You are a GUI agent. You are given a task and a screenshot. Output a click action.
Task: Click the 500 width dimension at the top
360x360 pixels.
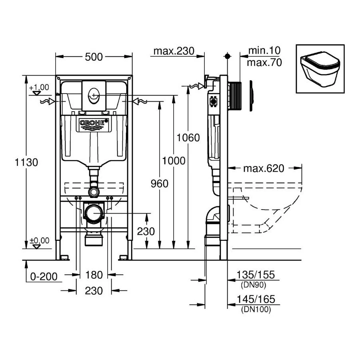94,57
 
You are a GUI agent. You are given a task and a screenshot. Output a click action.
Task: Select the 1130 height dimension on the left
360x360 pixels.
26,162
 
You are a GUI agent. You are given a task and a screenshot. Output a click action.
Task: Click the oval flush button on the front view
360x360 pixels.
94,95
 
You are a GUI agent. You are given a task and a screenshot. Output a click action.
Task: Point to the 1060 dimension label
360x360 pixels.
188,138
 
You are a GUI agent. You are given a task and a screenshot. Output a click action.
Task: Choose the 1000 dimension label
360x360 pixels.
174,161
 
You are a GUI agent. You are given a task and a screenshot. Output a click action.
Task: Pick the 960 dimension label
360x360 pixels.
160,184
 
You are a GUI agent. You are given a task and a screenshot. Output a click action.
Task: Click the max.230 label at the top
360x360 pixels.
174,51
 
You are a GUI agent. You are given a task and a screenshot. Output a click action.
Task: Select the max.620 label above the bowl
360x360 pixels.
264,168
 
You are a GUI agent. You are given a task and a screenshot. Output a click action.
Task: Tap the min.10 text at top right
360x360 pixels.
264,51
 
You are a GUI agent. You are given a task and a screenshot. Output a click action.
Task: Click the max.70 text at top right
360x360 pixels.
264,63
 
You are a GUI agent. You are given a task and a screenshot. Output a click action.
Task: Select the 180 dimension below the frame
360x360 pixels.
94,275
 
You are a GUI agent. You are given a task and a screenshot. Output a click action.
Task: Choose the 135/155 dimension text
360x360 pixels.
256,275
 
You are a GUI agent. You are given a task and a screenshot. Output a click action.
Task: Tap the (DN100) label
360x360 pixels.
256,309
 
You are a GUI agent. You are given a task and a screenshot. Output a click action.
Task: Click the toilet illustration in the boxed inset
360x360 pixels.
320,68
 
